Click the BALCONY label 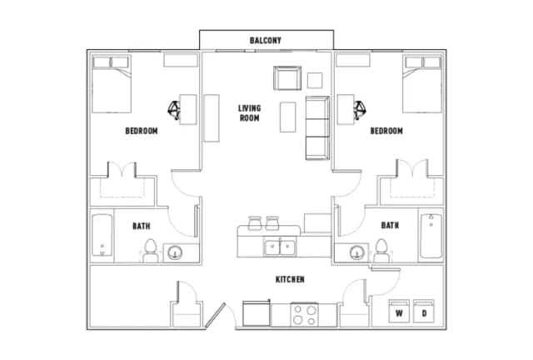[x=266, y=40]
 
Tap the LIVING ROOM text [x=249, y=112]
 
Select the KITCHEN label [x=289, y=280]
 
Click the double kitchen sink [x=278, y=247]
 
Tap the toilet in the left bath [x=151, y=249]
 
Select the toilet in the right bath [x=382, y=249]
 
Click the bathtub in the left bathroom [x=102, y=237]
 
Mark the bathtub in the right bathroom [x=431, y=237]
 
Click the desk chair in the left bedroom [x=175, y=108]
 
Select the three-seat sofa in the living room [x=317, y=127]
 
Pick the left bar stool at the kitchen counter [x=254, y=223]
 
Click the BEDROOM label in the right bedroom [x=386, y=131]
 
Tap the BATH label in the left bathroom [x=141, y=225]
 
